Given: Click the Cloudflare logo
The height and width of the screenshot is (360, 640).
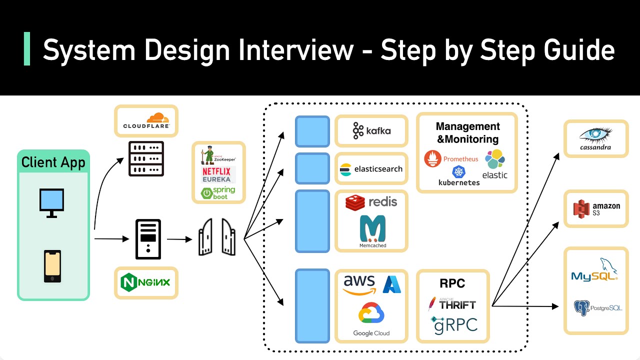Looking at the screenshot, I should coord(146,120).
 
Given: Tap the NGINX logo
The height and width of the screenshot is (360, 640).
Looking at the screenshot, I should coord(145,282).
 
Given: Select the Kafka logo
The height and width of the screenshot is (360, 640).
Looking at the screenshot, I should coord(371,131).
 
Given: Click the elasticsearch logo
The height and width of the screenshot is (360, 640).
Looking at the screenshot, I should coord(371,169).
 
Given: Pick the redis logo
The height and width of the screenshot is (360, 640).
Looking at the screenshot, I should coord(371,202).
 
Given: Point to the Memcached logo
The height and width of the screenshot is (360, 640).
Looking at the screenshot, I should coord(372,231).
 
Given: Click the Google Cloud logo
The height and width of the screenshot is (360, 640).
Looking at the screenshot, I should coord(371,320).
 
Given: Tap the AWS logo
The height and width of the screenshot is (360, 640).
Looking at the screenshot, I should coord(359,284).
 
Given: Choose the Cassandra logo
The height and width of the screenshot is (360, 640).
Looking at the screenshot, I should coord(595,138).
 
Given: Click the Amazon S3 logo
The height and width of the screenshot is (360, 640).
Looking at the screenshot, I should coord(596,208).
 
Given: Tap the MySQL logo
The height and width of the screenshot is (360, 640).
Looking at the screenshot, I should coord(595,270).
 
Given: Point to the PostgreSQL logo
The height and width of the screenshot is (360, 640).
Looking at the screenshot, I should coord(597,308).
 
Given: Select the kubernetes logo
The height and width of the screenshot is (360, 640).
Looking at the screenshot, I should coord(458,176).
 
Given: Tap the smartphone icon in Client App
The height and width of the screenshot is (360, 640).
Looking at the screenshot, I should coord(52,266).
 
